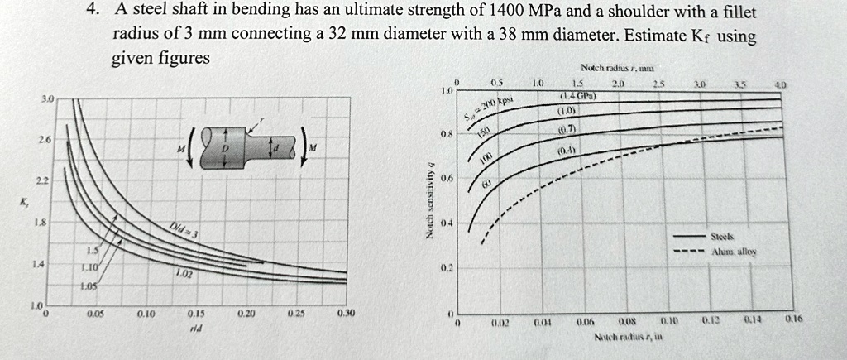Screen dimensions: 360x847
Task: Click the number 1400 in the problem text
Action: [510, 12]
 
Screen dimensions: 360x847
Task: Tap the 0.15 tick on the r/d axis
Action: [196, 315]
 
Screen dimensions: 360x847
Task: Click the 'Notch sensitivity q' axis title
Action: [428, 199]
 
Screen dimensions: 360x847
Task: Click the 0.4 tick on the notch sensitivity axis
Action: [447, 223]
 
